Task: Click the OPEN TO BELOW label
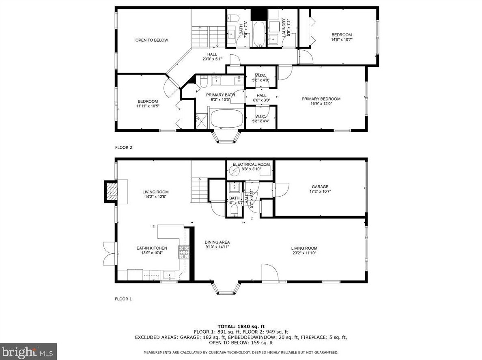(x=151, y=40)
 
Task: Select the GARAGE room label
(x=320, y=187)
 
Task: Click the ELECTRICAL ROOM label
(x=251, y=164)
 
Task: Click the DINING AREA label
(x=217, y=242)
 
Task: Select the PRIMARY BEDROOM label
(x=321, y=99)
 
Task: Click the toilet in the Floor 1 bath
(x=233, y=210)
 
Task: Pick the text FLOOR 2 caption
(x=123, y=148)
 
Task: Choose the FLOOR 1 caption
(x=123, y=299)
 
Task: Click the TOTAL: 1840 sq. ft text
(x=241, y=326)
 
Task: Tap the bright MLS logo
(x=28, y=351)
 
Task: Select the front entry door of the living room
(x=269, y=274)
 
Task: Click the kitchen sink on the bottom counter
(x=170, y=276)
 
